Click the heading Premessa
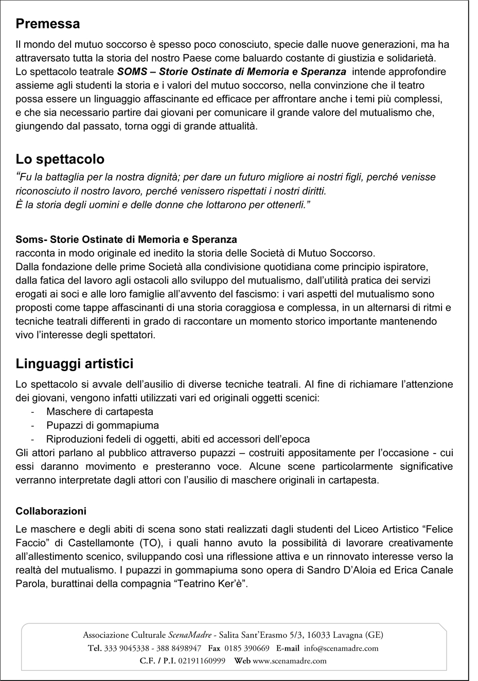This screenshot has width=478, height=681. pyautogui.click(x=48, y=24)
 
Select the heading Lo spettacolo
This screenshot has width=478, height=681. pyautogui.click(x=60, y=159)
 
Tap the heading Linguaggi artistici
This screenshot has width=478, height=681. pyautogui.click(x=75, y=363)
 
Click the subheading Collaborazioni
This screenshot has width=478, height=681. pyautogui.click(x=51, y=511)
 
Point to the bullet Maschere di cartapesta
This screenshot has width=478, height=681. pyautogui.click(x=99, y=412)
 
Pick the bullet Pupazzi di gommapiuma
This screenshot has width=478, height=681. pyautogui.click(x=102, y=426)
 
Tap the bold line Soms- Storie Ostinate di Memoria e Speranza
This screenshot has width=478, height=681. pyautogui.click(x=126, y=239)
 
